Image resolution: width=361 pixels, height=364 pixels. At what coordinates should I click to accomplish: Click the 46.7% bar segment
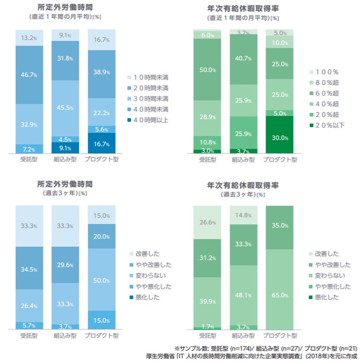[x=29, y=75]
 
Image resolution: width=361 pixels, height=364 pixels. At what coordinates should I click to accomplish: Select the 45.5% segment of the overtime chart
[x=65, y=108]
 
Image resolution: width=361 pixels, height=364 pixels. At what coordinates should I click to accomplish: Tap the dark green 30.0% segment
[x=279, y=135]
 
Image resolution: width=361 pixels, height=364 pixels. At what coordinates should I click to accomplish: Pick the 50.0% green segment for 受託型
[x=207, y=69]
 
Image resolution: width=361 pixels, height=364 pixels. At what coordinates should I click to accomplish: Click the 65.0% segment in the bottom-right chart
[x=279, y=289]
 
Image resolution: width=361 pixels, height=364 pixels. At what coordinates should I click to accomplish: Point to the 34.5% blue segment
[x=29, y=268]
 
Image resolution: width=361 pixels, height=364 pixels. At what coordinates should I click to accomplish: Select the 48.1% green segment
[x=243, y=295]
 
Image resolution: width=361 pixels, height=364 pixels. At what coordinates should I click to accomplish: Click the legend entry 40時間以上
[x=148, y=120]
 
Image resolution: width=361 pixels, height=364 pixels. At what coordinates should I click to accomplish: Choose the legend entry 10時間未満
[x=148, y=77]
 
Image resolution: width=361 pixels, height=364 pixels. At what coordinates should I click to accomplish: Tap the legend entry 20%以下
[x=327, y=125]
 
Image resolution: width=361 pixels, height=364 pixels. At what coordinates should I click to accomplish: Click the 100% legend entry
[x=324, y=72]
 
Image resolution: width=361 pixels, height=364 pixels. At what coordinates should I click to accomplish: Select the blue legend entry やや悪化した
[x=151, y=287]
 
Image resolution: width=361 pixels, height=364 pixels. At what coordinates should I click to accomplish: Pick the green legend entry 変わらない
[x=327, y=276]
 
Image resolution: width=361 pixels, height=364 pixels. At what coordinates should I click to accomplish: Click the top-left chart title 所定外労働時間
[x=65, y=8]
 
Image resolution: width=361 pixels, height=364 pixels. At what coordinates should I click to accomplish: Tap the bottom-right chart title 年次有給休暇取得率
[x=243, y=185]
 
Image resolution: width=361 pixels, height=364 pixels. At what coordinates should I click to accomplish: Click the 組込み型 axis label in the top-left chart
[x=65, y=159]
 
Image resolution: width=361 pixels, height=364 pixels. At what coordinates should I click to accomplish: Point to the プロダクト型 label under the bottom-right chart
[x=280, y=336]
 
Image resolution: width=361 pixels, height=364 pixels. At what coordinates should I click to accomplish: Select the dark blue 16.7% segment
[x=102, y=143]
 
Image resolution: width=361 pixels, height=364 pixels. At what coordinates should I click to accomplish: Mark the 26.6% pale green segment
[x=207, y=222]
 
